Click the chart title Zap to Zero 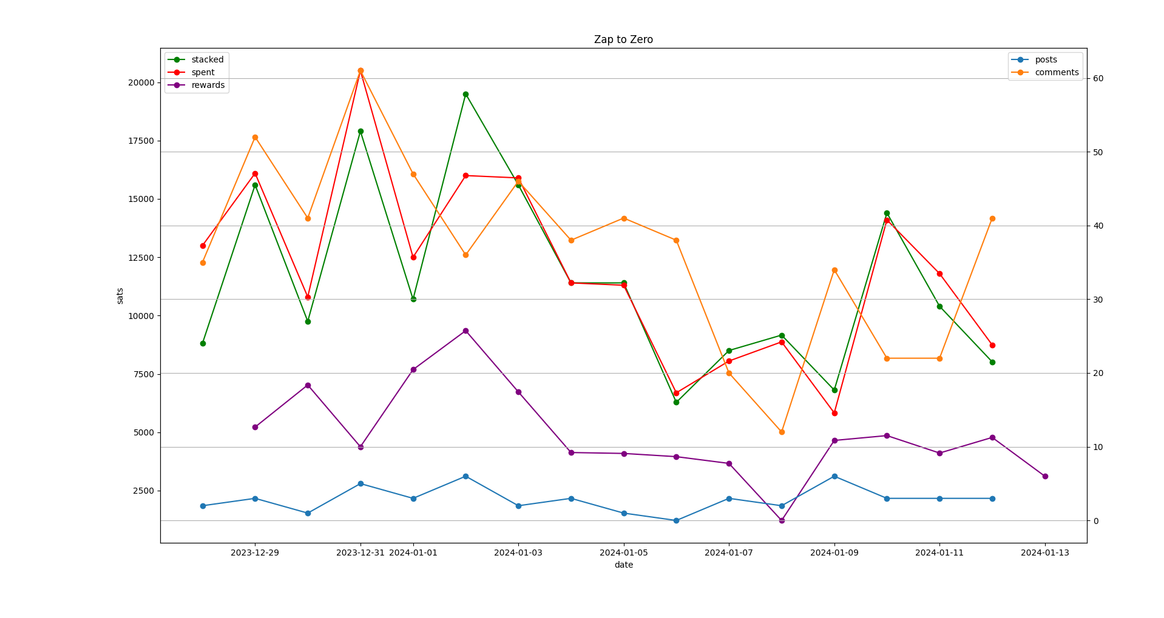(623, 40)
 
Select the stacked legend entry (207, 59)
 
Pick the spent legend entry (203, 72)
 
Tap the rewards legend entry (208, 85)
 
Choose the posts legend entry (1046, 59)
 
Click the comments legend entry (1057, 72)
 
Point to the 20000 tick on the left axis (141, 82)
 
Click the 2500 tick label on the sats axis (143, 491)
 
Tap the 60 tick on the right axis (1098, 79)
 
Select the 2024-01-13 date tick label (1044, 553)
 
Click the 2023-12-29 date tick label (255, 553)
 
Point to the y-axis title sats (120, 295)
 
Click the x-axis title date (623, 565)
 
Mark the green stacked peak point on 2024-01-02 (465, 94)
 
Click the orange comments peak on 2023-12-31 (360, 71)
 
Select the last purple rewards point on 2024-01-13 (1045, 476)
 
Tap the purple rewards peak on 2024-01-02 (465, 331)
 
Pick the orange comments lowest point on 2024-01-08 (782, 432)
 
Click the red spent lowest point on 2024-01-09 (834, 413)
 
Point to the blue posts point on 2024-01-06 (676, 520)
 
